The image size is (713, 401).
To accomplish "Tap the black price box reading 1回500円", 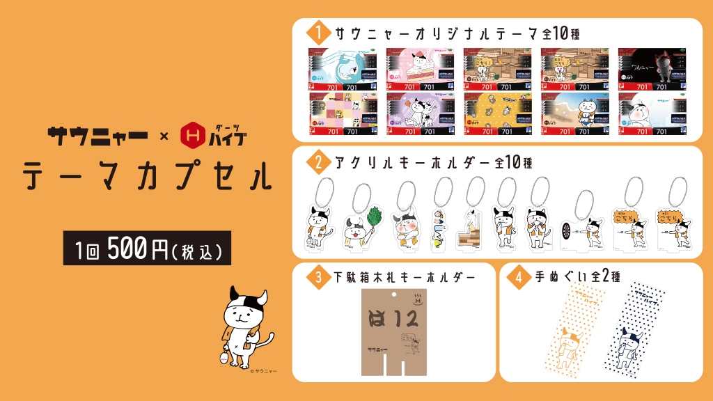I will tap(147, 249).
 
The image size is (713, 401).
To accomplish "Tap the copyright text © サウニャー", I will tap(263, 372).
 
